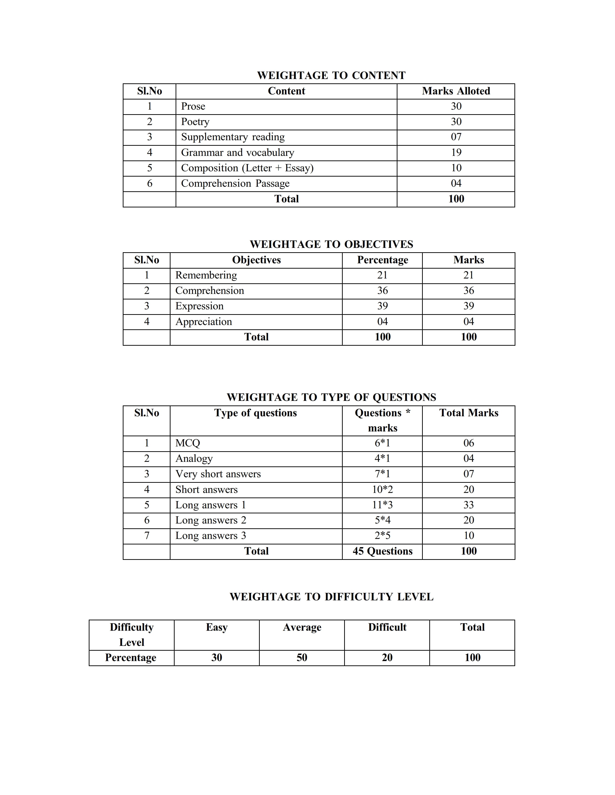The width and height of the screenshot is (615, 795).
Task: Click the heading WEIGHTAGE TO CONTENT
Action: (x=331, y=75)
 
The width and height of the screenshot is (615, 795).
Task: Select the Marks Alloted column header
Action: (x=456, y=91)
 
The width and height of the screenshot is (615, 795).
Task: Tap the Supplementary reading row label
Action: (x=233, y=137)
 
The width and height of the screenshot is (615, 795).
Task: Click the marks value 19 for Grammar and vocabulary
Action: (x=456, y=152)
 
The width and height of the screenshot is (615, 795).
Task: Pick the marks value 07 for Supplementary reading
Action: (x=456, y=137)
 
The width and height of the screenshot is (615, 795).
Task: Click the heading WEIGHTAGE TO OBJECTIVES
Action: (x=331, y=244)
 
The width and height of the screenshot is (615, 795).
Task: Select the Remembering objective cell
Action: (x=206, y=275)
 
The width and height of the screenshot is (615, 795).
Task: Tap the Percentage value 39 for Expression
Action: (x=382, y=306)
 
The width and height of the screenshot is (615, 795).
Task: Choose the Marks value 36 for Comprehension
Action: (x=469, y=291)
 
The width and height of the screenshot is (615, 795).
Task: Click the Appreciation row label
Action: (x=204, y=322)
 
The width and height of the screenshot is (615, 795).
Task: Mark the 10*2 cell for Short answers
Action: (x=382, y=490)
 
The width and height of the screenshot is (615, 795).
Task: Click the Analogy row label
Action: (x=194, y=459)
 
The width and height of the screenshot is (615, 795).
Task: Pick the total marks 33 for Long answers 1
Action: (x=469, y=505)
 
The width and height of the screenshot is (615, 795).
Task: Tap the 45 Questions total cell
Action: (x=382, y=551)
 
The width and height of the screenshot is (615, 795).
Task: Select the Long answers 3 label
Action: (x=211, y=536)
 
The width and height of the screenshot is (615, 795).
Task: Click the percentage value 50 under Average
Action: (x=302, y=657)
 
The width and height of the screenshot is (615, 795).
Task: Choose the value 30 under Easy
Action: (x=216, y=657)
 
